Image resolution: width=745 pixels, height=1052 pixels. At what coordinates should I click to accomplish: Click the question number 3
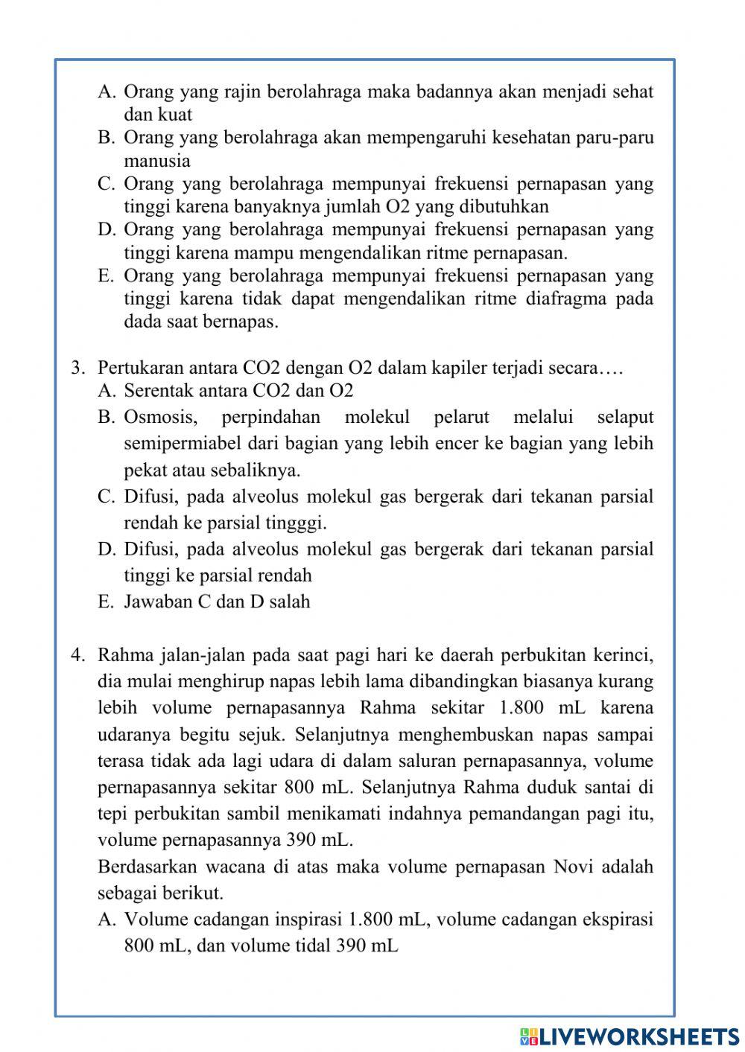76,368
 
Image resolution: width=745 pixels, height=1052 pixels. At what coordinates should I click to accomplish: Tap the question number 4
76,655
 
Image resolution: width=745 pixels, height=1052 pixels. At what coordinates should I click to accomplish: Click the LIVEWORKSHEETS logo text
638,1036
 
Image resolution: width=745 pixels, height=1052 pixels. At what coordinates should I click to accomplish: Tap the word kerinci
624,655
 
